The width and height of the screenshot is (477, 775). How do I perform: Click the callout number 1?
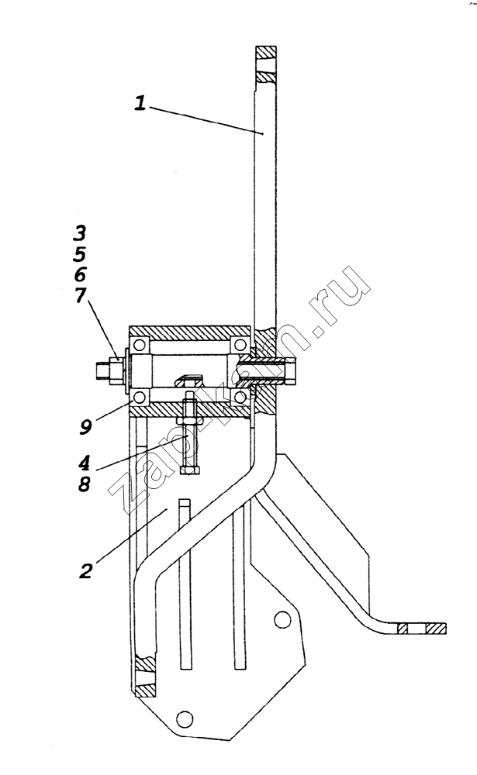tap(140, 103)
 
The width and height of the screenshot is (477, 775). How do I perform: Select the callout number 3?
tap(80, 232)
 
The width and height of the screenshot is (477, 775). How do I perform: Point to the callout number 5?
tap(80, 254)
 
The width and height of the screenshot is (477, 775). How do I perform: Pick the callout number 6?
tap(80, 274)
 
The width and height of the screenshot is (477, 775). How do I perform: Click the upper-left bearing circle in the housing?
tap(139, 345)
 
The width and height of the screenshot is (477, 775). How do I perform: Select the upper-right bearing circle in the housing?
tap(240, 345)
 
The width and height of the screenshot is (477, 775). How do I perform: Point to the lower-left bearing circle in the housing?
tap(139, 396)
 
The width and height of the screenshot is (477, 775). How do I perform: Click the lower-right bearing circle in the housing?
tap(240, 396)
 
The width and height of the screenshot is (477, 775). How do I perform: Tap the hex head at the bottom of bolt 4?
tap(190, 470)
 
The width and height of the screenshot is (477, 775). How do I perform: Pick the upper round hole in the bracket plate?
tap(282, 618)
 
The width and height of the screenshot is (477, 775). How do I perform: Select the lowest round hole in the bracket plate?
tap(184, 718)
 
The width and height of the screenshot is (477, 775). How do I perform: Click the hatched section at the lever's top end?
tap(266, 65)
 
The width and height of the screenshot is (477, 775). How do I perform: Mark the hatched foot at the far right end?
tap(422, 629)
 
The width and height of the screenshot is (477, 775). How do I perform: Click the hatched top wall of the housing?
tap(189, 332)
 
